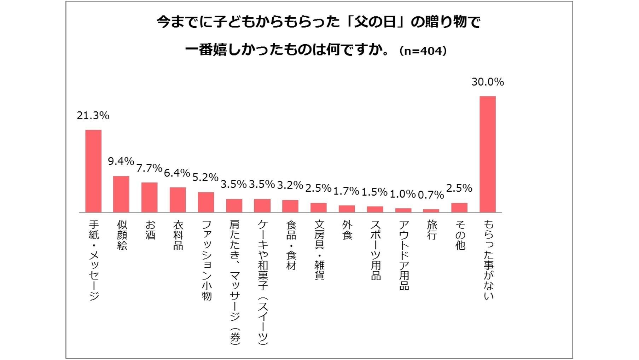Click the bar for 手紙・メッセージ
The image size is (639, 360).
[x=93, y=171]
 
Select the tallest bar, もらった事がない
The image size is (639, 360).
[x=487, y=154]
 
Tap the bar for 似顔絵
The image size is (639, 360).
[x=121, y=194]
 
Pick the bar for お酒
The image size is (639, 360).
[x=149, y=197]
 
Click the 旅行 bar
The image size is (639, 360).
[x=431, y=211]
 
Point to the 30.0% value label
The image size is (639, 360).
[x=487, y=82]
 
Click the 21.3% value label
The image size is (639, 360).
[x=93, y=116]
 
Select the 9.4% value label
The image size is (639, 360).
[x=121, y=162]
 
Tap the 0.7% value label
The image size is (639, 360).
[x=431, y=195]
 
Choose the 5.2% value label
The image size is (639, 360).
[x=205, y=178]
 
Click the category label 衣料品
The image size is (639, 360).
[x=178, y=235]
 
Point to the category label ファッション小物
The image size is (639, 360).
[x=206, y=260]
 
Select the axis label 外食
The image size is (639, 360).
[x=347, y=230]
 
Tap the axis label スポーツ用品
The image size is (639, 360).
[x=375, y=250]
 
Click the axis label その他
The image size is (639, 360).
[x=460, y=235]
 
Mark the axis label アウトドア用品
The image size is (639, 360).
[x=403, y=255]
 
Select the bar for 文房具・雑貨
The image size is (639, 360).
[x=319, y=208]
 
